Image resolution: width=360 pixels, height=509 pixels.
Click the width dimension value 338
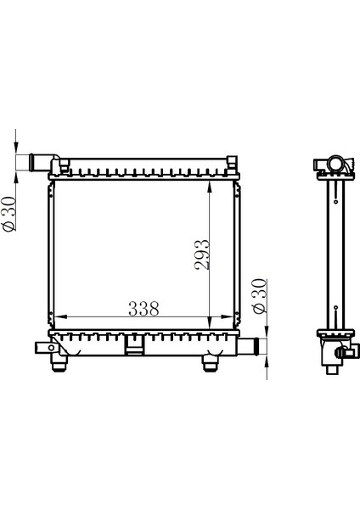click(143, 309)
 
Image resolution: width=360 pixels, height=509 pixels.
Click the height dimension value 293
click(201, 255)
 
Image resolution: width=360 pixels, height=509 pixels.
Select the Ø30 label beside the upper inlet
click(9, 214)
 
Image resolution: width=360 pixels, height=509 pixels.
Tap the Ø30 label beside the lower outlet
click(260, 296)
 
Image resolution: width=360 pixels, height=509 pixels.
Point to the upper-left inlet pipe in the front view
click(42, 162)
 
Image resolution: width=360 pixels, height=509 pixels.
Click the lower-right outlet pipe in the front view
click(248, 346)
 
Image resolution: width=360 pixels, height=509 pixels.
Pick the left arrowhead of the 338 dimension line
click(60, 316)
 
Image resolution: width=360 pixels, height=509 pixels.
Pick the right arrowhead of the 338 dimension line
click(227, 316)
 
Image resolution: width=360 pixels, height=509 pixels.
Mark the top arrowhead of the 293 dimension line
click(210, 187)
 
